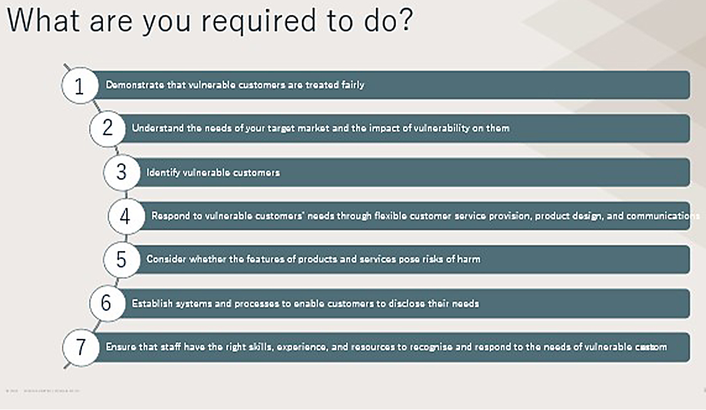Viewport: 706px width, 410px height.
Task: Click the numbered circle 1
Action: click(79, 86)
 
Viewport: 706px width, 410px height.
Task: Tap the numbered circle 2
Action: click(108, 129)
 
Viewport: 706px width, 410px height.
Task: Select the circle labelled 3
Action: click(121, 172)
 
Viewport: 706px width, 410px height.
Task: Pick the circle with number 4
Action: click(125, 216)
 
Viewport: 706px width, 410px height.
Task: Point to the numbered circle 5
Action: click(121, 259)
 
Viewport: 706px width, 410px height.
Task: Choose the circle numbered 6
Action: click(106, 303)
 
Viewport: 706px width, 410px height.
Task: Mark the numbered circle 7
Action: click(81, 347)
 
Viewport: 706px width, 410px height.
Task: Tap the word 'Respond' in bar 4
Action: click(169, 216)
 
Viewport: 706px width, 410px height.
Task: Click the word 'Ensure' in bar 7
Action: click(120, 347)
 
